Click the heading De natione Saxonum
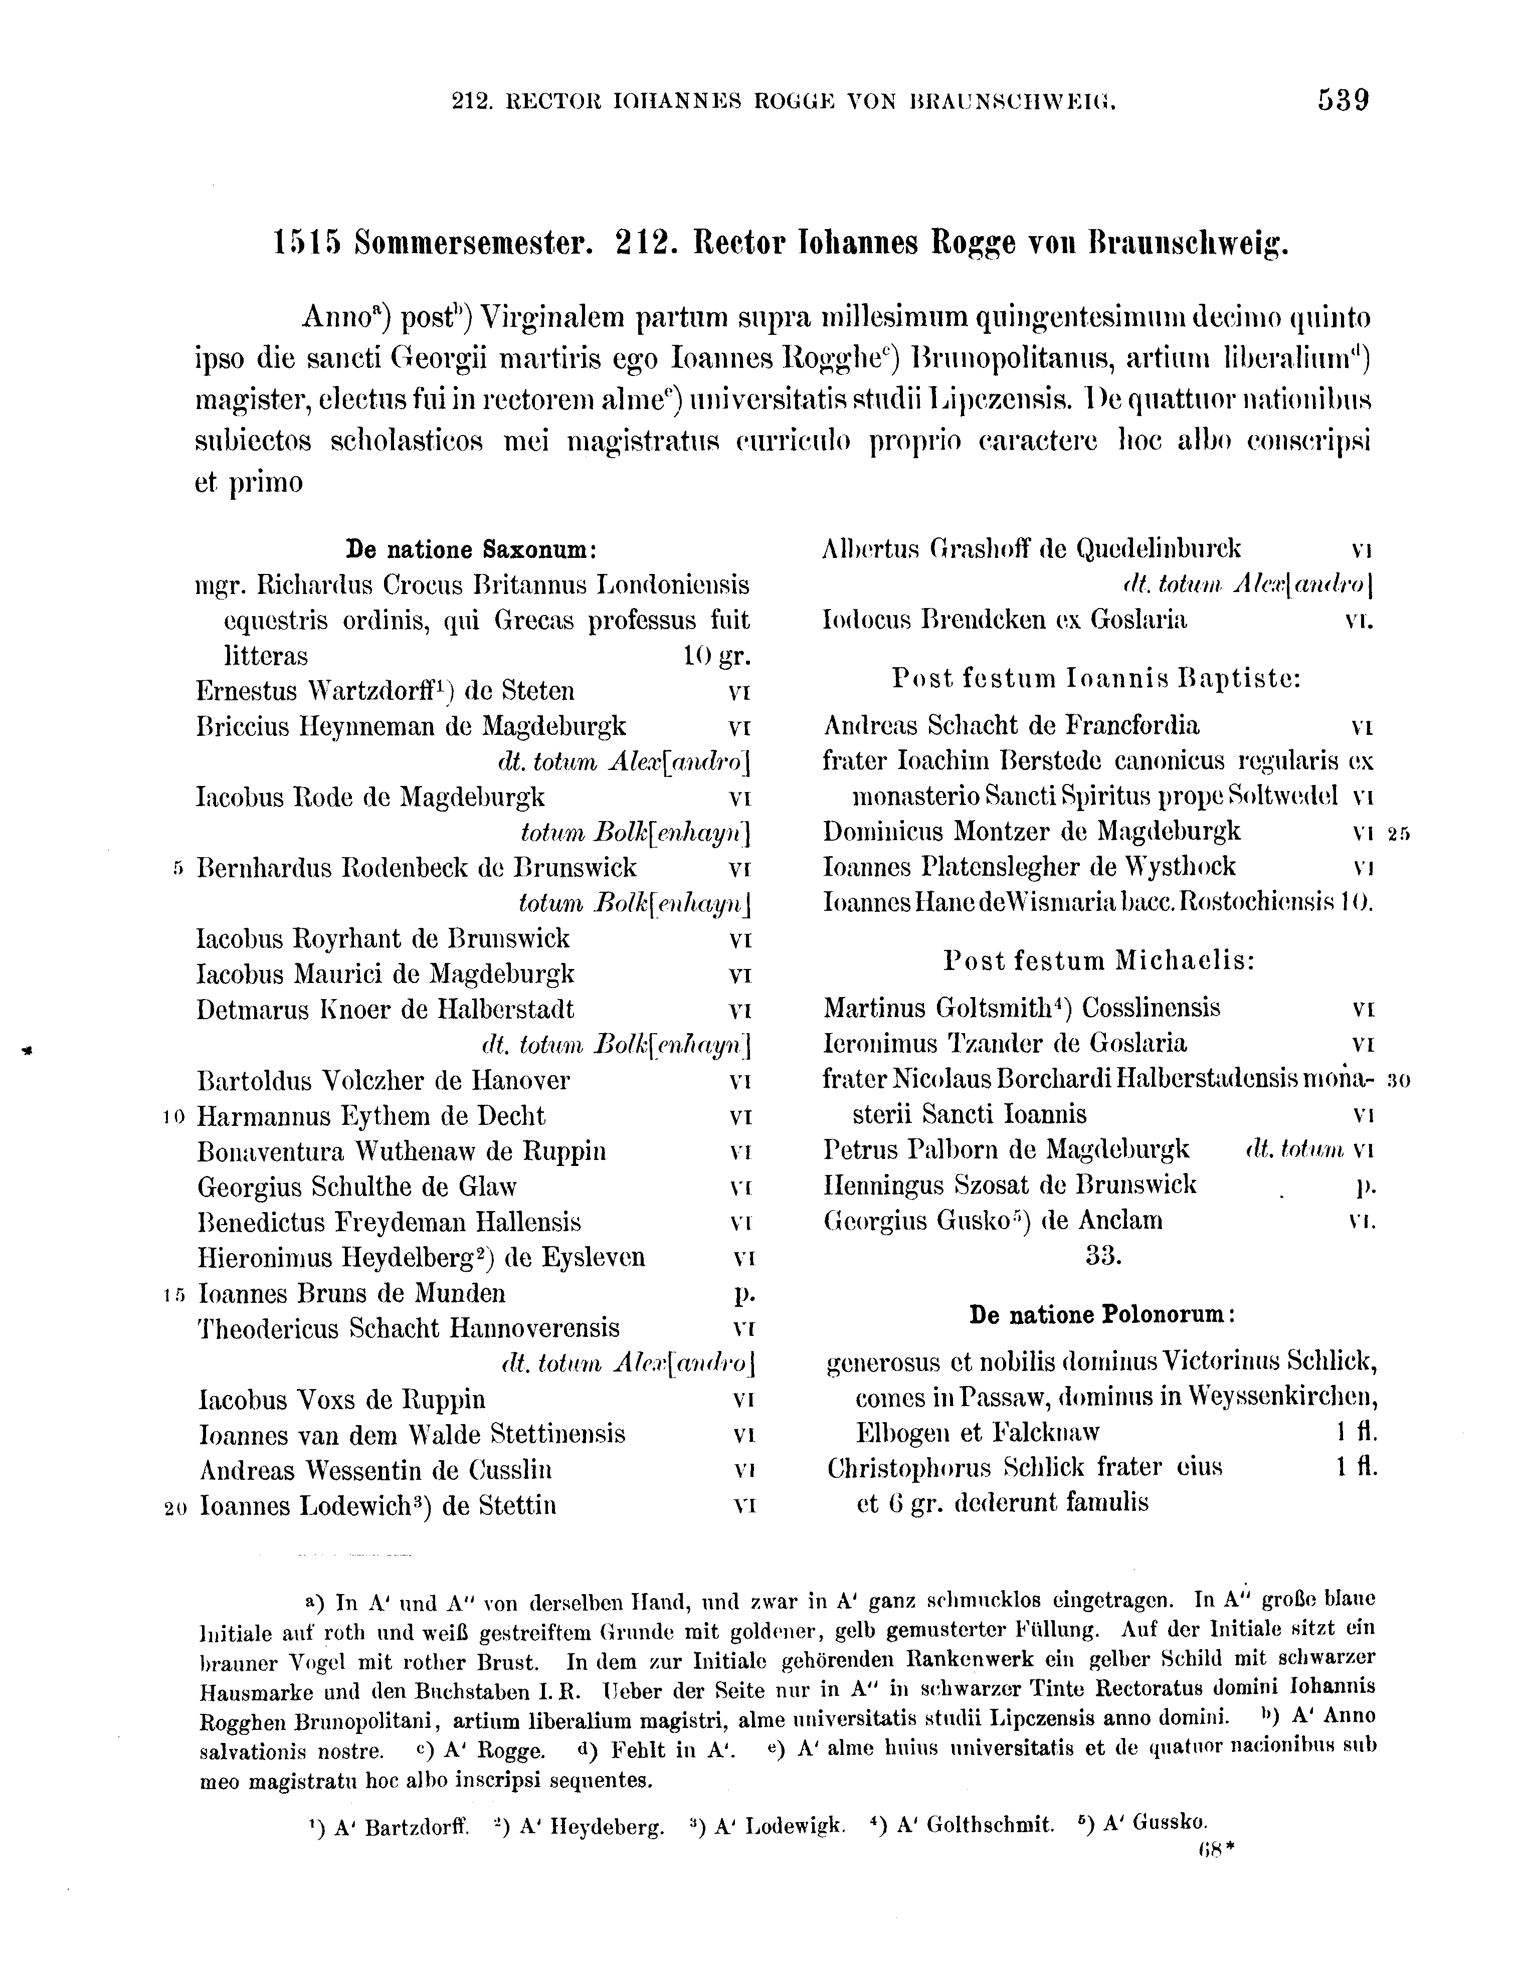tap(472, 549)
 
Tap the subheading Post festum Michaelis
tap(1099, 961)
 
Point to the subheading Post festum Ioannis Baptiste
tap(1096, 679)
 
